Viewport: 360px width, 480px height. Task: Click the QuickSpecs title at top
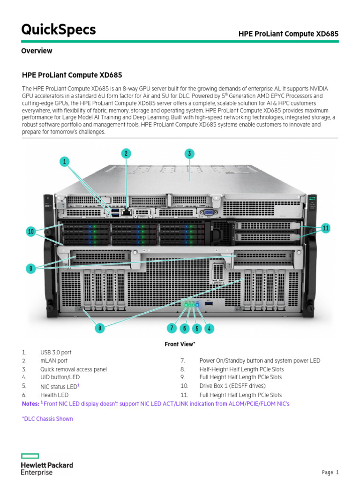point(59,30)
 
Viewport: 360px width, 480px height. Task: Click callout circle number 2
point(126,153)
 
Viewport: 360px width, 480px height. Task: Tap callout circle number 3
point(189,153)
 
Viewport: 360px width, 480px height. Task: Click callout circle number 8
point(99,328)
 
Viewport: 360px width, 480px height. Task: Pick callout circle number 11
point(326,228)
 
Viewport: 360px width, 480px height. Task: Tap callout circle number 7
point(172,328)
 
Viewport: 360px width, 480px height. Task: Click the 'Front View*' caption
point(180,344)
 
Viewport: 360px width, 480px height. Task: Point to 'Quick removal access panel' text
point(74,369)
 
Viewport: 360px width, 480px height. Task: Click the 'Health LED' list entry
point(54,395)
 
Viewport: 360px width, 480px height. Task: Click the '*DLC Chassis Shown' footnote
point(47,419)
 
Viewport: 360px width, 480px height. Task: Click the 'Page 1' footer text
point(330,472)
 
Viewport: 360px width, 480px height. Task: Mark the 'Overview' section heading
point(37,51)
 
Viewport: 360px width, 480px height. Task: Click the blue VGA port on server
point(208,213)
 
